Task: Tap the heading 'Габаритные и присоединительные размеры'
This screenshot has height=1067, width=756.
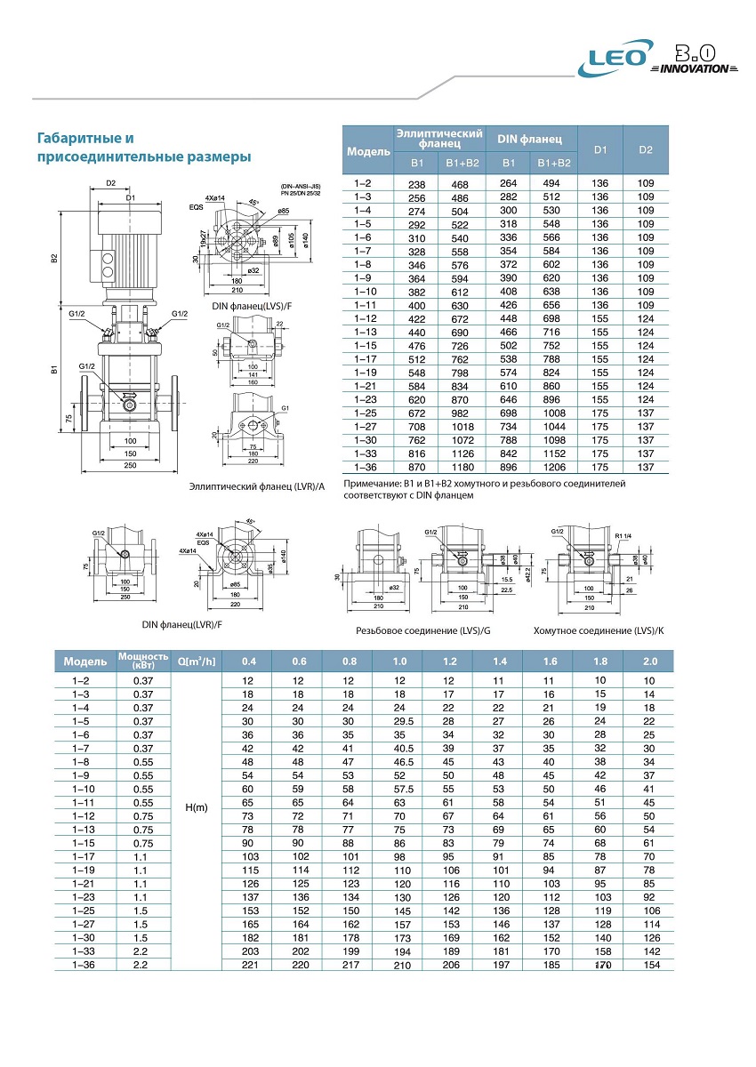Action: point(143,148)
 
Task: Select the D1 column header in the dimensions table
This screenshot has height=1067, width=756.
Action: point(600,149)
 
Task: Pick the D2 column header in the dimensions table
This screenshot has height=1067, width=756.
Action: point(646,149)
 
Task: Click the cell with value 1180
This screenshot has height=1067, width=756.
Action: point(462,468)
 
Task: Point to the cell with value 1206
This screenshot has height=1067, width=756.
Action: point(555,468)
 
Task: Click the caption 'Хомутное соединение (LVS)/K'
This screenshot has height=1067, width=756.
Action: point(599,630)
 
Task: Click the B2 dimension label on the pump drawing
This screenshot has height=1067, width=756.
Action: point(54,258)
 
